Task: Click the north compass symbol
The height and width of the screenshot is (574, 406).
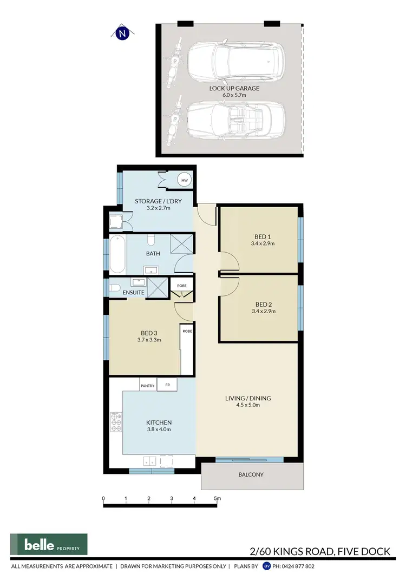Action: [123, 34]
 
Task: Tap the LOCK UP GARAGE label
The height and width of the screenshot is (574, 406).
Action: [234, 88]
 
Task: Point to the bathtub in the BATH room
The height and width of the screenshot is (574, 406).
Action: [117, 254]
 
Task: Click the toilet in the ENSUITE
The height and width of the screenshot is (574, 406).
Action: [114, 288]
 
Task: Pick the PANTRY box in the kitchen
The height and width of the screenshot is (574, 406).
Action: [148, 386]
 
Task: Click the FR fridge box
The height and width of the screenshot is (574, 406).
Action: [168, 386]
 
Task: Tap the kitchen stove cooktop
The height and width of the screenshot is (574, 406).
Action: [116, 422]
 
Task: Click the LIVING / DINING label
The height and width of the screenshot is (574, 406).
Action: [248, 399]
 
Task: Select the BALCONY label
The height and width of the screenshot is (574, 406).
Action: [250, 474]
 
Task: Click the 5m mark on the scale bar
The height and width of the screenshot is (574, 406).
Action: [217, 498]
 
